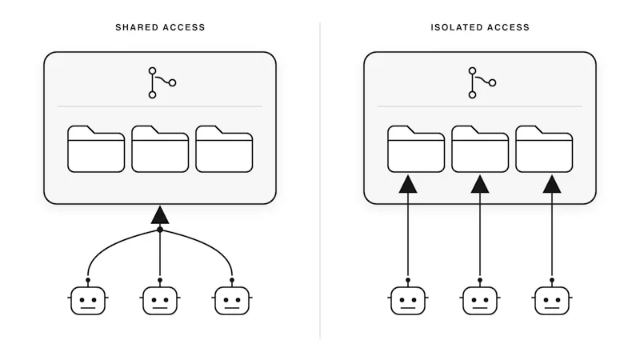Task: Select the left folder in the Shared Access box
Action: (x=96, y=149)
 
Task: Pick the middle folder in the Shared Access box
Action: (x=160, y=149)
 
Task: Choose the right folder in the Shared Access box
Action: (x=224, y=149)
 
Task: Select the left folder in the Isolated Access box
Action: (x=416, y=149)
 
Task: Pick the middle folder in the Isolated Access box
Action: (x=480, y=149)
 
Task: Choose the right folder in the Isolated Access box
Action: (x=544, y=149)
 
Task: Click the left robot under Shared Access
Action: (x=88, y=300)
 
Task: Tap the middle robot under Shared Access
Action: (x=160, y=300)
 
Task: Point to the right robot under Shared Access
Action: (x=232, y=300)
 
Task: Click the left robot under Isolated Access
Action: (x=408, y=300)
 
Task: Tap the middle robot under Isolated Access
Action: (x=480, y=300)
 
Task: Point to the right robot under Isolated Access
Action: (x=552, y=300)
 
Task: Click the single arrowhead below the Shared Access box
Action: (x=160, y=215)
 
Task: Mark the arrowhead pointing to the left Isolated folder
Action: (x=408, y=185)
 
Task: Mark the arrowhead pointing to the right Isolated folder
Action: (x=552, y=185)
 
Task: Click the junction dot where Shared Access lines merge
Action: (x=160, y=230)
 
